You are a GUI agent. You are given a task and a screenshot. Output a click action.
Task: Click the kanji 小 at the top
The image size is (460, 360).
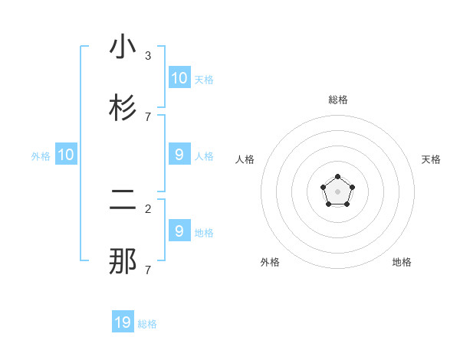123,47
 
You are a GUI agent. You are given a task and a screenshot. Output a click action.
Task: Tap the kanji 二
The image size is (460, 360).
123,201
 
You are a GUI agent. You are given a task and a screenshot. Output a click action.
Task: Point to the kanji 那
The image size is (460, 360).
123,261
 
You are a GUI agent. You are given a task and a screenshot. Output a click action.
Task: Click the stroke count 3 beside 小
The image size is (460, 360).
147,56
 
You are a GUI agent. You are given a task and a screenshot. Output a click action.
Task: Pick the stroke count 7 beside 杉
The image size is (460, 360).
147,116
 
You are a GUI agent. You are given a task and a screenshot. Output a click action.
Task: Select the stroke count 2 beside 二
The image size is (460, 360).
147,208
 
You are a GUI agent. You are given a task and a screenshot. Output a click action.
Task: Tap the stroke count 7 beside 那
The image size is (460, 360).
147,270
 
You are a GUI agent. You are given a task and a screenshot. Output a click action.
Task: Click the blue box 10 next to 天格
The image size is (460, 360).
179,78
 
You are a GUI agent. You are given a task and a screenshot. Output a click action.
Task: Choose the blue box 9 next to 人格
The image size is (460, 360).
179,155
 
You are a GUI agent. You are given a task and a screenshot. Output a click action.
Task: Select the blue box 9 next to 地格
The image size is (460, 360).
179,231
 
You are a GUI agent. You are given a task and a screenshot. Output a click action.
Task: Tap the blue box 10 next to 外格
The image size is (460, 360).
66,155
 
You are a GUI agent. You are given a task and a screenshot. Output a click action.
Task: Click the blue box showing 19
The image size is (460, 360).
123,322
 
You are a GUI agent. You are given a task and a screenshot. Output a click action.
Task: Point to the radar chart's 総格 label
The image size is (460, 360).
338,100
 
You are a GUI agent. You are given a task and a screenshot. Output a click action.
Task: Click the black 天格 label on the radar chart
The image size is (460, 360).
431,159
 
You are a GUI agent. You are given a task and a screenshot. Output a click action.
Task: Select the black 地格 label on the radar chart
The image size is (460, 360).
402,262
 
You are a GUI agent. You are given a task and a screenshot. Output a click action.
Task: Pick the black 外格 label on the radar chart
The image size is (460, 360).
270,262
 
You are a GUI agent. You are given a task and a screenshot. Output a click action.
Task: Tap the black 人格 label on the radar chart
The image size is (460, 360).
245,159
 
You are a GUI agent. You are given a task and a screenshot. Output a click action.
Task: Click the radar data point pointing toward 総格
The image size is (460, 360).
338,177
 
